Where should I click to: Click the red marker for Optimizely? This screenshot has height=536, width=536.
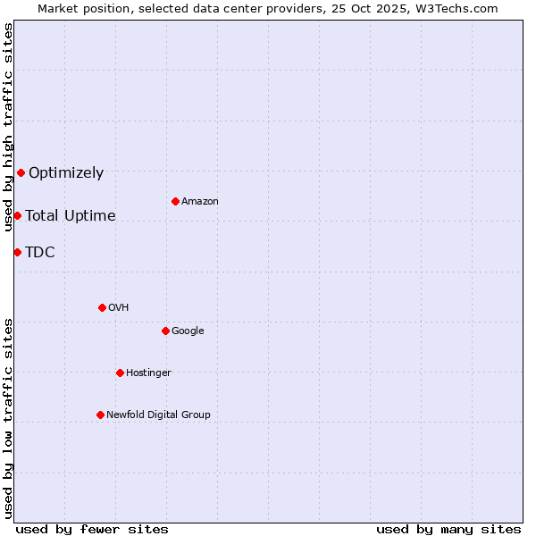(x=21, y=172)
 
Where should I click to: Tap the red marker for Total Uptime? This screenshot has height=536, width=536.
(x=17, y=215)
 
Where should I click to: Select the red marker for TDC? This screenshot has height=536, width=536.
(x=17, y=252)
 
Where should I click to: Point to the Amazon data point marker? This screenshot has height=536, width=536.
(x=175, y=201)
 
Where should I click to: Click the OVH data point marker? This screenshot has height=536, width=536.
(x=102, y=307)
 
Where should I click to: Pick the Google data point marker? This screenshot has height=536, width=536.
(x=165, y=331)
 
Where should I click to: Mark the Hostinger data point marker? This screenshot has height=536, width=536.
(x=120, y=373)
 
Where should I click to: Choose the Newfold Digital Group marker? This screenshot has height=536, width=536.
(x=100, y=415)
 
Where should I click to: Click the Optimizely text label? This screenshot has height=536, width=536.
(x=66, y=173)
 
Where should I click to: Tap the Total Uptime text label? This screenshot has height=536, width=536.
(x=71, y=216)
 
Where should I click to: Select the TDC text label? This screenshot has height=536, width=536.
(x=40, y=253)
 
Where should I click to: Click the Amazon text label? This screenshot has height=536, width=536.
(x=200, y=202)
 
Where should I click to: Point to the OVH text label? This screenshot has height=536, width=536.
(x=119, y=308)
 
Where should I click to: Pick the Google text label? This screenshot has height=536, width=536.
(x=188, y=331)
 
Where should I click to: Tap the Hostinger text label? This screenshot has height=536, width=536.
(x=148, y=373)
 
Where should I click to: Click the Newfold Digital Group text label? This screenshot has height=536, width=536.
(x=158, y=415)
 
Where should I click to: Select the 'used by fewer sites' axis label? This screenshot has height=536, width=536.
(x=92, y=529)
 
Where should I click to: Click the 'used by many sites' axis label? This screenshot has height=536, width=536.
(x=448, y=529)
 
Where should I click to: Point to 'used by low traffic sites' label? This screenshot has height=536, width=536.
(x=8, y=417)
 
